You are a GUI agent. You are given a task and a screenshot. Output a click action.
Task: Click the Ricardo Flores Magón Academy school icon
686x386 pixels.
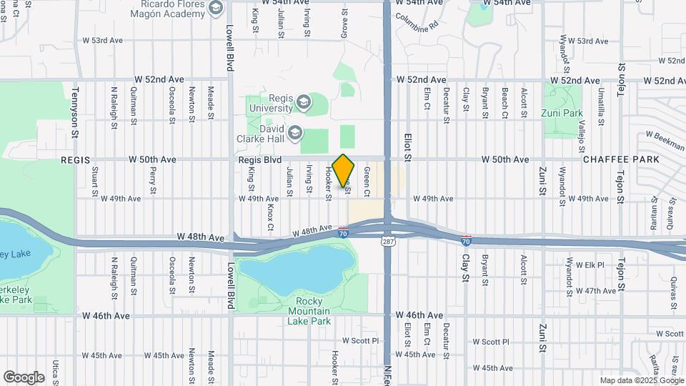[x=217, y=8]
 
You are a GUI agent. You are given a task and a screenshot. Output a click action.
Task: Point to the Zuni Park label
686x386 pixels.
[x=563, y=113]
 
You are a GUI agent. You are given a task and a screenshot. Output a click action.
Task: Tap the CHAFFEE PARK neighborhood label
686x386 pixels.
[x=619, y=159]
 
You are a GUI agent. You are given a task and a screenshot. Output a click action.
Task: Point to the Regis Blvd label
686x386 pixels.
[x=259, y=159]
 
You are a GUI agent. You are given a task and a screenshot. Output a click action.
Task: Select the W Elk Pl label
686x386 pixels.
[x=590, y=264]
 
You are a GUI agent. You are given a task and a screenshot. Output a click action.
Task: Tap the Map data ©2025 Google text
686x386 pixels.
[x=641, y=380]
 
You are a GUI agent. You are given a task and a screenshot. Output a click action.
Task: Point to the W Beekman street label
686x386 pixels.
[x=665, y=137]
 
